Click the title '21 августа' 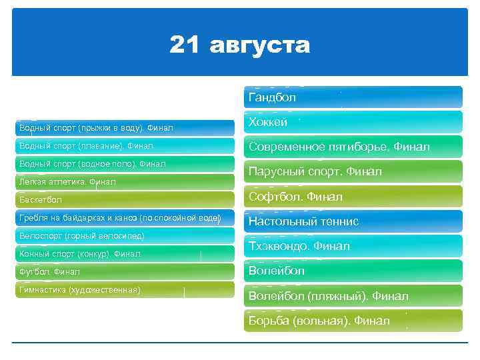coord(239,45)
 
